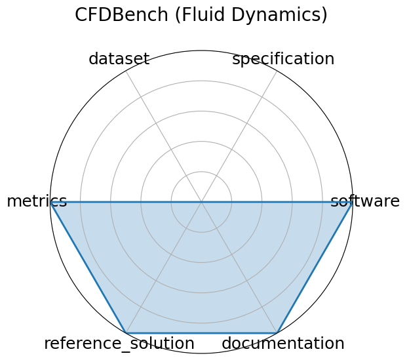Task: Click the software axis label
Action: tap(364, 201)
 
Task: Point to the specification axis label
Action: tap(283, 59)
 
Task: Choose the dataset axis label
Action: tap(119, 59)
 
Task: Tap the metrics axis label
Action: tap(37, 201)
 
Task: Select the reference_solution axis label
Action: tap(119, 343)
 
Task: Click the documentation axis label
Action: tap(283, 343)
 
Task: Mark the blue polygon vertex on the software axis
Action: tap(352, 202)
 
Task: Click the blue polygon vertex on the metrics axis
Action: tap(51, 202)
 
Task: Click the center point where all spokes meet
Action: tap(201, 202)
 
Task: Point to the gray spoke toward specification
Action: tap(239, 136)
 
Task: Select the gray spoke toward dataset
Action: tap(164, 136)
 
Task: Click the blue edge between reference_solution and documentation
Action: tap(201, 332)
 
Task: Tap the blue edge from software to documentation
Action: tap(315, 267)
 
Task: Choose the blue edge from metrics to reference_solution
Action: tap(88, 267)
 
